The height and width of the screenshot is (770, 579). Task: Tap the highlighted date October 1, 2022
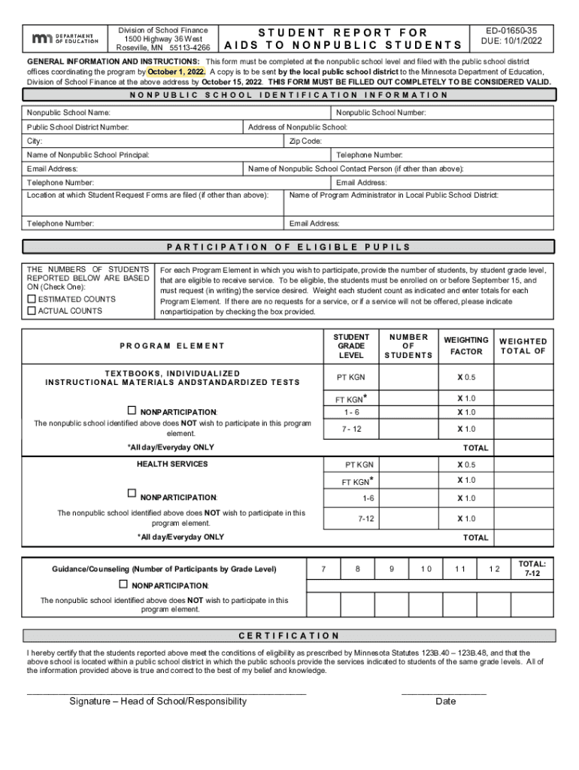pos(176,71)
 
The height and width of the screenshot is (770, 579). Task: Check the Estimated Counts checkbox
pos(32,299)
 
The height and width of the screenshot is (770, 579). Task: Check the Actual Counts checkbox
pos(32,311)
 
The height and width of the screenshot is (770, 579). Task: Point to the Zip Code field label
pos(305,141)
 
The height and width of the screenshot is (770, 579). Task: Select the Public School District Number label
pos(78,127)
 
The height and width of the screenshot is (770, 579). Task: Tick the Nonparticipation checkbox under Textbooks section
pos(132,411)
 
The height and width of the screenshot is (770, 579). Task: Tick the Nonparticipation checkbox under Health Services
pos(132,494)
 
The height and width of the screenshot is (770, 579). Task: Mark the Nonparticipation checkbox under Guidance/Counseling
pos(123,584)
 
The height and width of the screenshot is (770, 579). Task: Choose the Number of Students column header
pos(408,346)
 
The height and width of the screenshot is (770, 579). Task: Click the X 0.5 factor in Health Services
pos(466,465)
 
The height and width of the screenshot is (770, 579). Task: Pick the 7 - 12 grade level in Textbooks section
pos(352,429)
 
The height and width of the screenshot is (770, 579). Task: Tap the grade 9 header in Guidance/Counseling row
pos(392,569)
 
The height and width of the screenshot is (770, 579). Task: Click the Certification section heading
pos(289,635)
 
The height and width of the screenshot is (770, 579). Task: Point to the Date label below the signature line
pos(445,702)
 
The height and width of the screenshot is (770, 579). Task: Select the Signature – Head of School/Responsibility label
pos(158,702)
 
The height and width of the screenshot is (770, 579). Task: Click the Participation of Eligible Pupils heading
pos(289,247)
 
